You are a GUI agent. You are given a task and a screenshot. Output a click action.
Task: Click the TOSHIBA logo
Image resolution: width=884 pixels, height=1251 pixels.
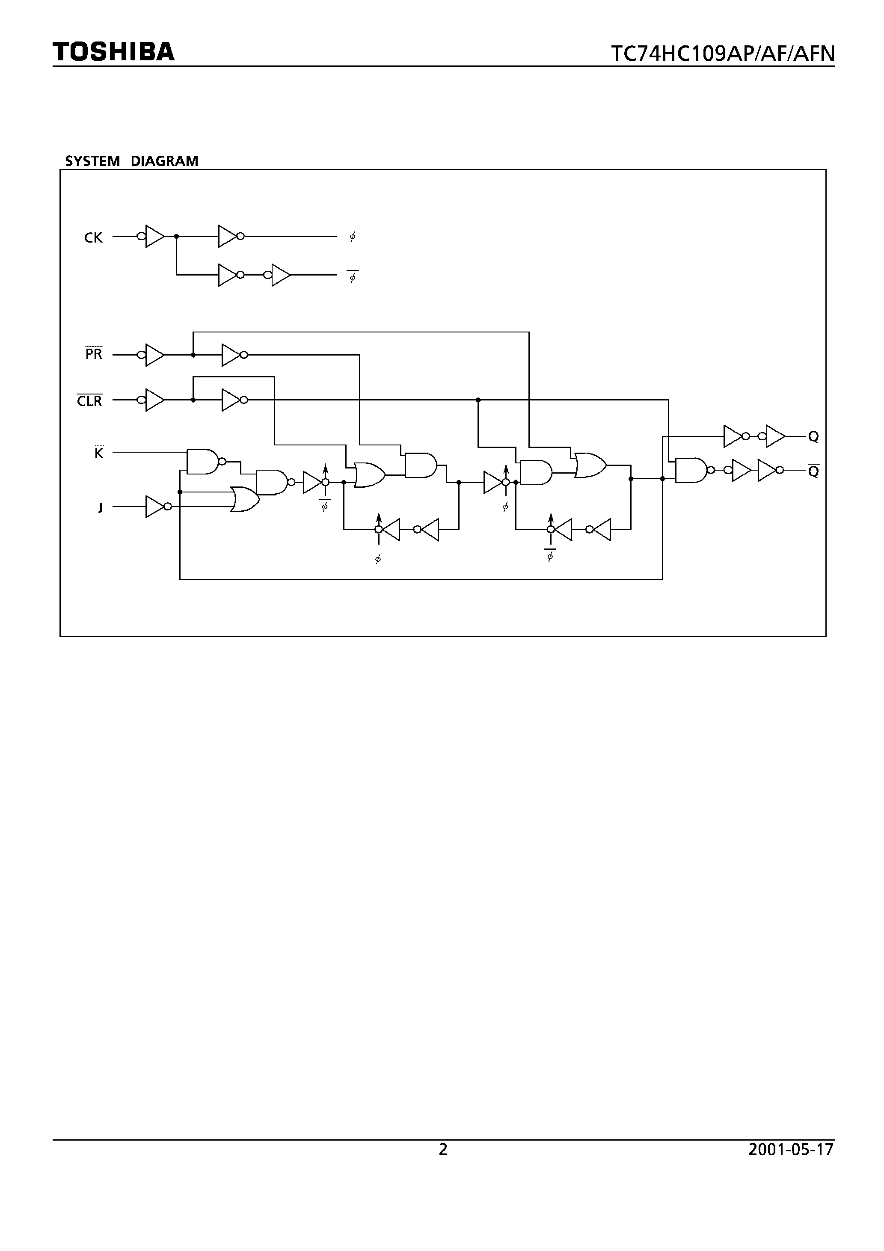(x=113, y=51)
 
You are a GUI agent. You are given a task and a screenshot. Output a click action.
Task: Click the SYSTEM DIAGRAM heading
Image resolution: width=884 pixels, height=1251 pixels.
(x=131, y=161)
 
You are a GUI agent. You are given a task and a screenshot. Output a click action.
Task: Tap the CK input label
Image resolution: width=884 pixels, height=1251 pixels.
(x=93, y=237)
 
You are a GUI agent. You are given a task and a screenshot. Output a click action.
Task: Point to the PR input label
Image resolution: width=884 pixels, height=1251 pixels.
(x=94, y=354)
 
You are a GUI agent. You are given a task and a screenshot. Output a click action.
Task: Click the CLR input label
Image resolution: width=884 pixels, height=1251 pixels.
(x=89, y=401)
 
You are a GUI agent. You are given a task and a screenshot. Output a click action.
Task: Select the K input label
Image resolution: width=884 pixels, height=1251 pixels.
(x=99, y=453)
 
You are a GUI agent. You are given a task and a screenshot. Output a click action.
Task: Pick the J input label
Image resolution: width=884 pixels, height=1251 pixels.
(x=100, y=508)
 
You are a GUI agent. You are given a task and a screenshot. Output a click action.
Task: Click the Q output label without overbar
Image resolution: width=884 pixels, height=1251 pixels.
(x=813, y=436)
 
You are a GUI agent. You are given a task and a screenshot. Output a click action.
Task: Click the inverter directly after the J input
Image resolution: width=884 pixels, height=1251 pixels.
(x=155, y=507)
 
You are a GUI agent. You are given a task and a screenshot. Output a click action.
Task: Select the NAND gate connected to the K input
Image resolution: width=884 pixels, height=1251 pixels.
(x=203, y=462)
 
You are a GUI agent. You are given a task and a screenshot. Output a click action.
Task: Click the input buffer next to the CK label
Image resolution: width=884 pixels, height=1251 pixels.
(x=154, y=237)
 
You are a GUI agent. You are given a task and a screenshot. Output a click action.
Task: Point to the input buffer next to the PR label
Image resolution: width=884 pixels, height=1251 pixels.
(x=154, y=355)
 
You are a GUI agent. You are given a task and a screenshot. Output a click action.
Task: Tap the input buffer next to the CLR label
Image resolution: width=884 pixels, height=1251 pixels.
(x=154, y=400)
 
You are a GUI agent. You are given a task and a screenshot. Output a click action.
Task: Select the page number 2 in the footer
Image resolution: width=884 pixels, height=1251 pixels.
(x=442, y=1150)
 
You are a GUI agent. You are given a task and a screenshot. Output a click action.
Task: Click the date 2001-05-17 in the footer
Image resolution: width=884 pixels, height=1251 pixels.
(x=791, y=1150)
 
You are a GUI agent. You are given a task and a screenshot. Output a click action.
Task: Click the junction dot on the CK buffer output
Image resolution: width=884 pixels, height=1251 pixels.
(x=176, y=237)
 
